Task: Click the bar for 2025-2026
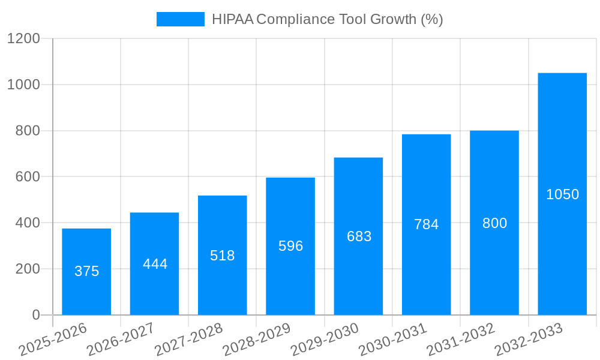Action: pos(86,272)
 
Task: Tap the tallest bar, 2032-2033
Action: pos(562,194)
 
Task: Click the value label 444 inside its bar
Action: pos(155,264)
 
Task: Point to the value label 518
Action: pos(223,256)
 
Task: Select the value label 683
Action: pos(359,236)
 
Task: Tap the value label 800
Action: pos(494,223)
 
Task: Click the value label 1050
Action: pos(562,194)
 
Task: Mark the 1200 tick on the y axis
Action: pos(23,39)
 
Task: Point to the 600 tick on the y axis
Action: pos(28,177)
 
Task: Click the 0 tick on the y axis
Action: pos(35,315)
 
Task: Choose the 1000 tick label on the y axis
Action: pos(23,85)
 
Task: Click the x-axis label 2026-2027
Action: pos(121,340)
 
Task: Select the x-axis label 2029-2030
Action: pos(325,340)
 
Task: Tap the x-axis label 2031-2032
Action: pos(461,340)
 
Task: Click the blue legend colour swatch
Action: pos(180,19)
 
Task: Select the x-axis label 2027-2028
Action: pos(188,340)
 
